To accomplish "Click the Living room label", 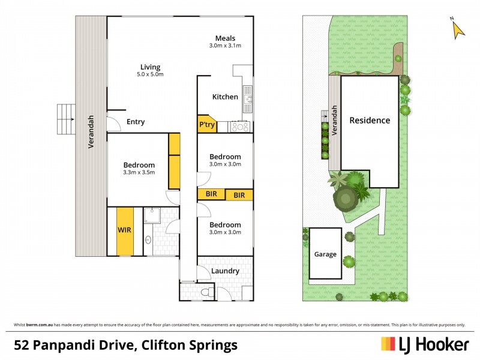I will pyautogui.click(x=151, y=67).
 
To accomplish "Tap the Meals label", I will pyautogui.click(x=225, y=38).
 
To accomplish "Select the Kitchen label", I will pyautogui.click(x=225, y=97).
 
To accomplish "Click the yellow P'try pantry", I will pyautogui.click(x=206, y=124).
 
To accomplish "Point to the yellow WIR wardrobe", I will pyautogui.click(x=125, y=230).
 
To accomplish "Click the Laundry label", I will pyautogui.click(x=225, y=271).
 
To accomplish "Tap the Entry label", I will pyautogui.click(x=136, y=122).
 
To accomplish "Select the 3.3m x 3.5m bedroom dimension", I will pyautogui.click(x=139, y=173).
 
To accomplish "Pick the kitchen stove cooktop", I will pyautogui.click(x=240, y=127).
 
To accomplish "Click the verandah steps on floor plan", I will pyautogui.click(x=64, y=119).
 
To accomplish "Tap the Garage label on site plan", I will pyautogui.click(x=325, y=254).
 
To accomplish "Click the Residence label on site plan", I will pyautogui.click(x=370, y=120).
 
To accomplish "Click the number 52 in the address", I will pyautogui.click(x=23, y=345).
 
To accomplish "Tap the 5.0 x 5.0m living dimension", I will pyautogui.click(x=151, y=75).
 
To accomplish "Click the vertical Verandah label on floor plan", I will pyautogui.click(x=91, y=131).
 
